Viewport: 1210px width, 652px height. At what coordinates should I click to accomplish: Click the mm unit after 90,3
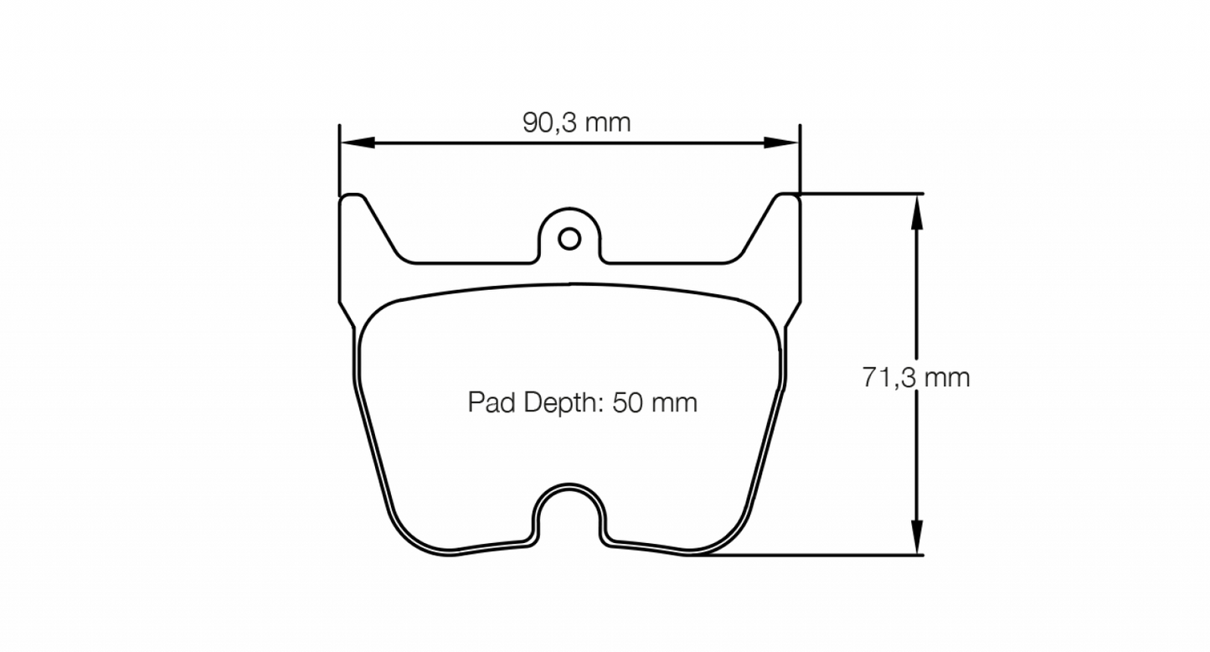[607, 123]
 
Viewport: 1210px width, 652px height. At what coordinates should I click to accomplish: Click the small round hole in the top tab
[569, 239]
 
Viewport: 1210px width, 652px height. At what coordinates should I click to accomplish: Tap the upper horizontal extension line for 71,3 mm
[862, 194]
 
